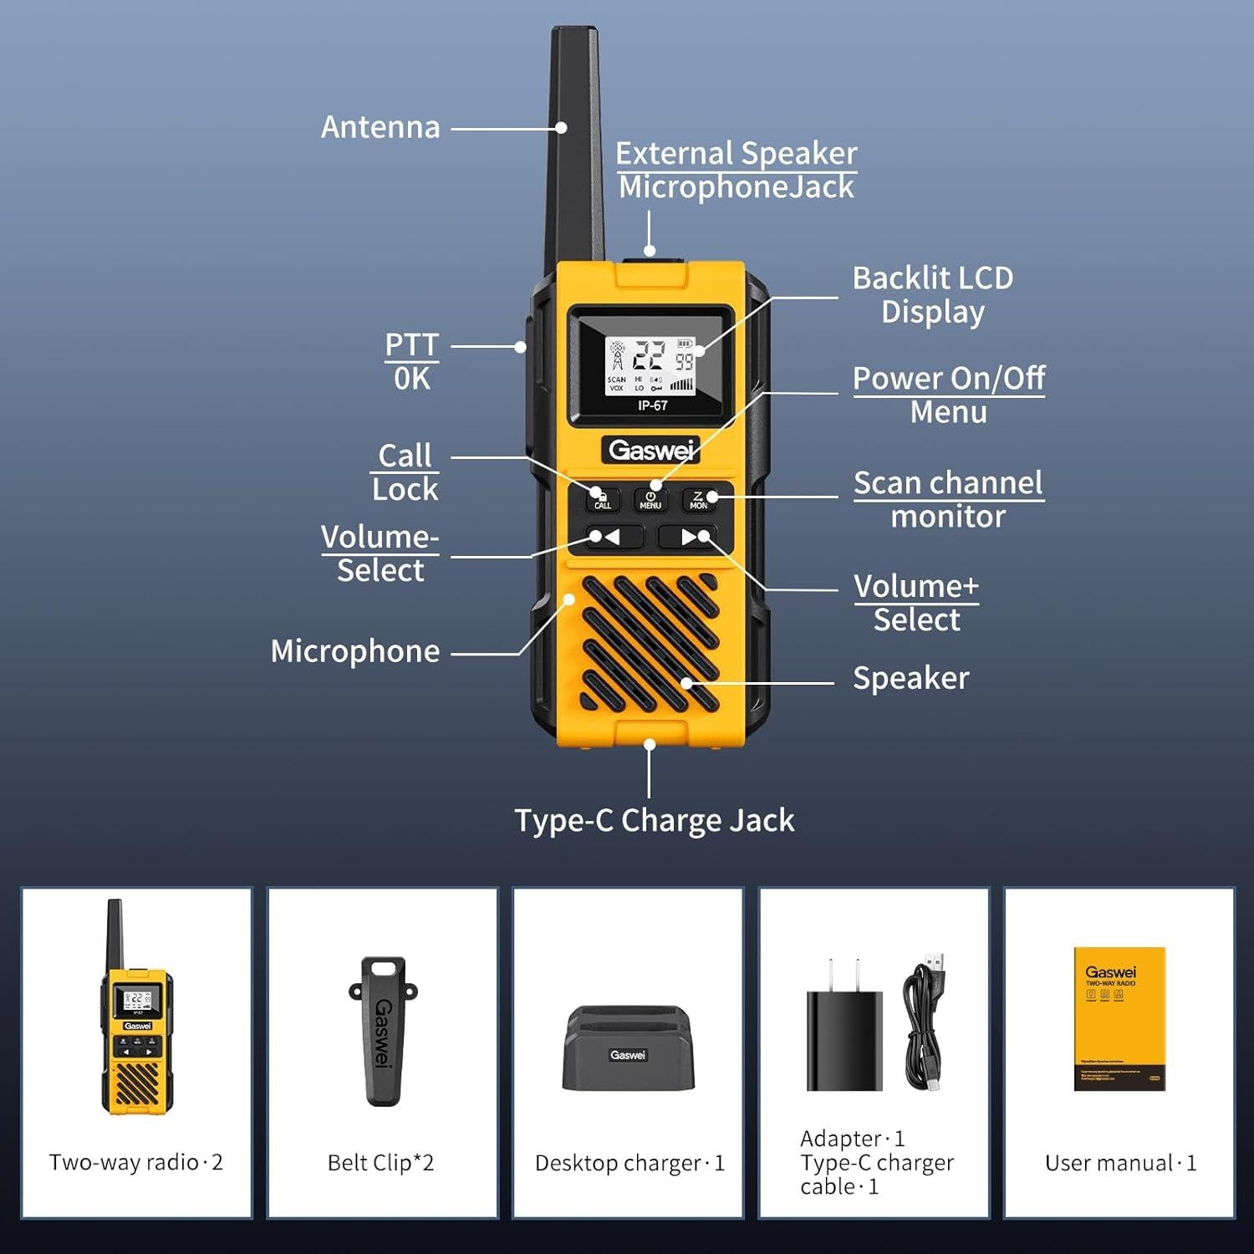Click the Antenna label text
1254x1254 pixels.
(380, 127)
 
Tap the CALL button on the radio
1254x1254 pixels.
(602, 499)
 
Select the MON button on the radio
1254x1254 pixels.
(699, 499)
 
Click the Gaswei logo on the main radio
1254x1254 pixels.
(650, 451)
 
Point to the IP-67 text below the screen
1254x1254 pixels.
(652, 405)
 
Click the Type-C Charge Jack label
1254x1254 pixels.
(654, 820)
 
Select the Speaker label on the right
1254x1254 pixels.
(910, 678)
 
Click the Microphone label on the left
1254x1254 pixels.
(355, 651)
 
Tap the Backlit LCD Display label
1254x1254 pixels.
(932, 294)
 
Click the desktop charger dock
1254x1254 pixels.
(628, 1048)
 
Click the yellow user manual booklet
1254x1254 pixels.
(1119, 1018)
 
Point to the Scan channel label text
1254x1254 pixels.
(948, 483)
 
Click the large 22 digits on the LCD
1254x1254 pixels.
(648, 356)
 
